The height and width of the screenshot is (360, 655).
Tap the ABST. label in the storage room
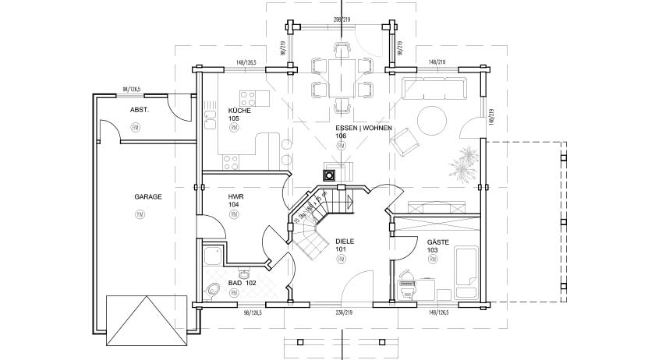click(139, 110)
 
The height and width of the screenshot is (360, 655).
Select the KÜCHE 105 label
click(238, 115)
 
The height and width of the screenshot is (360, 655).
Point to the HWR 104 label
click(234, 200)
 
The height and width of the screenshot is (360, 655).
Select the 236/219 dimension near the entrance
click(344, 313)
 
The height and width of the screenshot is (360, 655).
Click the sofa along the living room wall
click(435, 87)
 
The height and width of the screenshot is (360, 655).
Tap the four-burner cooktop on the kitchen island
click(249, 98)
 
